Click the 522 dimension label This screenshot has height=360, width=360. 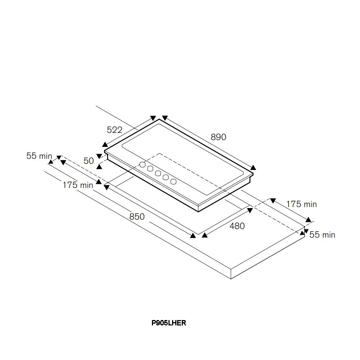(114, 130)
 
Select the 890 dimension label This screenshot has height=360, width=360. (219, 137)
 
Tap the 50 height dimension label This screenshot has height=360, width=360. (89, 161)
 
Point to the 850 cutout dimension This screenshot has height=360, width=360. (137, 216)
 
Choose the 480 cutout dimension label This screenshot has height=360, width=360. (237, 226)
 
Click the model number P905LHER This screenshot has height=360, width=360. (169, 323)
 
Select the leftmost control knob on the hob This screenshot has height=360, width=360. (143, 165)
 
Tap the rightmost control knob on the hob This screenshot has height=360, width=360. (174, 181)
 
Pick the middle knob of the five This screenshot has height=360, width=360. (158, 173)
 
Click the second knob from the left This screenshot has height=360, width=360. (150, 169)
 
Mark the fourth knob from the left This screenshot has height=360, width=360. (166, 177)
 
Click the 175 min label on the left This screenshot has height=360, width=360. (78, 185)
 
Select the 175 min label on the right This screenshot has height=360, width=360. (301, 204)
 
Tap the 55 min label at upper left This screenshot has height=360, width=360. (39, 156)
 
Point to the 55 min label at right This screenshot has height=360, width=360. (322, 235)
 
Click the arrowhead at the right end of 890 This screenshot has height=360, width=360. (253, 167)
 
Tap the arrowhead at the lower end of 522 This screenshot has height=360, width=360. (105, 144)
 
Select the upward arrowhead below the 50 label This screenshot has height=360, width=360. (99, 166)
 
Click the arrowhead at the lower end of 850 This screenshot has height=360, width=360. (193, 235)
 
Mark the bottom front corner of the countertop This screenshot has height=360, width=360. (231, 279)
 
